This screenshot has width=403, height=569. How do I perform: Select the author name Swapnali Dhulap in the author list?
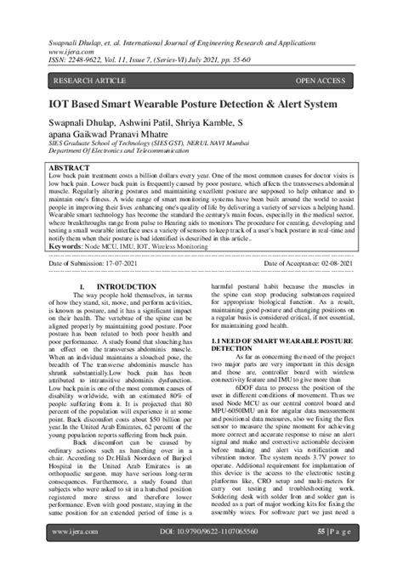[x=83, y=121]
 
